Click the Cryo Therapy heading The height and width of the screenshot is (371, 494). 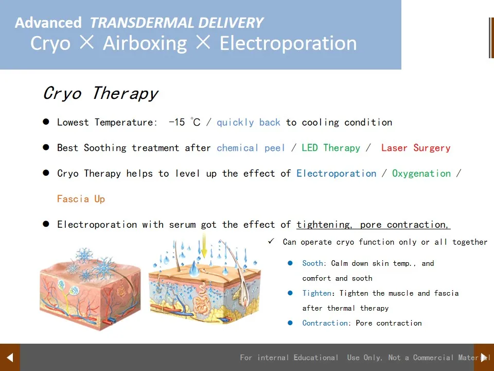[x=100, y=93]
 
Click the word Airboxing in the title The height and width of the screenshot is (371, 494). [x=145, y=43]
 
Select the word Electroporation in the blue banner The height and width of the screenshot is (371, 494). [x=288, y=43]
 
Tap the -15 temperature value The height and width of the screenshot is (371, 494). [x=178, y=122]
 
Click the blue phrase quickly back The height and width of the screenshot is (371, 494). [x=249, y=122]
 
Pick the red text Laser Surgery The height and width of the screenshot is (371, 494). [x=416, y=148]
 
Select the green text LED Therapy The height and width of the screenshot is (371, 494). [x=331, y=148]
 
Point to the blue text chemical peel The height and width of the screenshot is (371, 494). [x=251, y=148]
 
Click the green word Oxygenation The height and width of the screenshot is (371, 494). [x=421, y=174]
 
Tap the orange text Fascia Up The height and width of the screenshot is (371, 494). [x=81, y=199]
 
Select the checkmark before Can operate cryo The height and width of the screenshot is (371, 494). [x=271, y=242]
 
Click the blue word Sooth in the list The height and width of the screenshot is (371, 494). [x=313, y=263]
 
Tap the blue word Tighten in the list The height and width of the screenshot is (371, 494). [x=317, y=293]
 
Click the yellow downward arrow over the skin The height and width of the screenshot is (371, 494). [x=204, y=246]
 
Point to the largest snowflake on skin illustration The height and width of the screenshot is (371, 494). [x=104, y=267]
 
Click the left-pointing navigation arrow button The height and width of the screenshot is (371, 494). [x=10, y=357]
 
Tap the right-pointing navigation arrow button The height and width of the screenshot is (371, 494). [x=484, y=357]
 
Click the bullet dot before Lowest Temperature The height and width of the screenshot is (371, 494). [x=46, y=122]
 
